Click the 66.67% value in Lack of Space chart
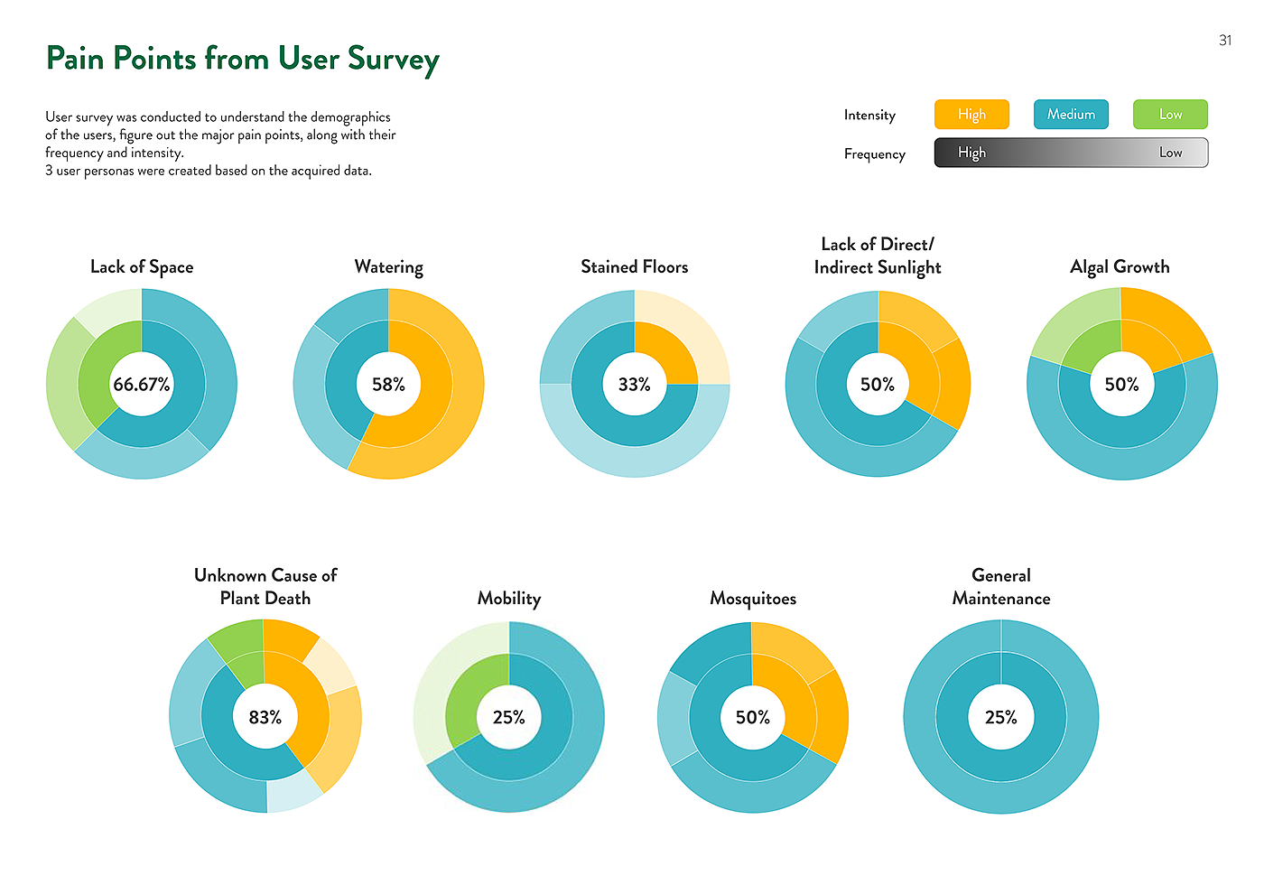click(142, 385)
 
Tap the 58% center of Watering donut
click(388, 385)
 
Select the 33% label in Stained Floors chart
click(634, 385)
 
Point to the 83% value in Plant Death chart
click(265, 717)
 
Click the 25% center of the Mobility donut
click(509, 717)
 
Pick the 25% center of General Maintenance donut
click(1000, 717)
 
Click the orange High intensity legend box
click(971, 115)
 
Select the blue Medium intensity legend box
click(1071, 115)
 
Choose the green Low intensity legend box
click(1170, 115)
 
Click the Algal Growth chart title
click(1120, 267)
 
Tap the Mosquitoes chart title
click(753, 599)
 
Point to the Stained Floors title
click(634, 267)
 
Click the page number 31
click(1225, 41)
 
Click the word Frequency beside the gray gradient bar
click(874, 154)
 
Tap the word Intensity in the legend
click(869, 116)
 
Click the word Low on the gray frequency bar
click(1170, 153)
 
